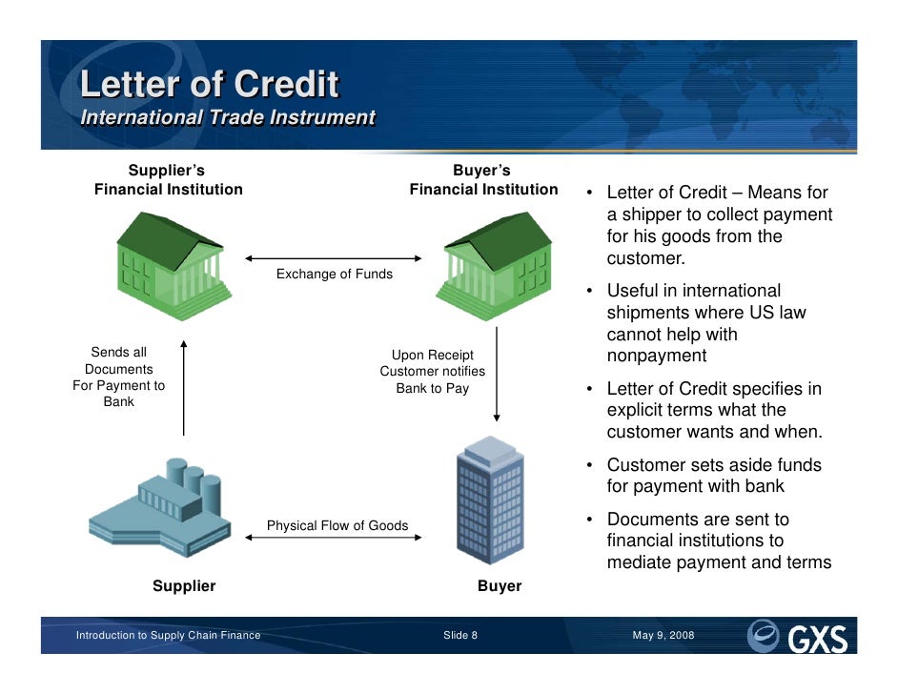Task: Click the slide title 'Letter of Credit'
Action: (209, 85)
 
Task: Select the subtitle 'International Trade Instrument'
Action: (228, 118)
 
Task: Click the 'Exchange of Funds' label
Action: (334, 275)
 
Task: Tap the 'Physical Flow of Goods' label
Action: (337, 525)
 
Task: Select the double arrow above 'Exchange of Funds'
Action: (334, 258)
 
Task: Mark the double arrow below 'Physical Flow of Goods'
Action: (334, 539)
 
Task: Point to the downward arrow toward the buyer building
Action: (496, 377)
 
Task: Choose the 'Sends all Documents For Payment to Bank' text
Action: (119, 378)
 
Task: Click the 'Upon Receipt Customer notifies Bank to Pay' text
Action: (433, 372)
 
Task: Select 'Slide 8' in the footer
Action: (460, 636)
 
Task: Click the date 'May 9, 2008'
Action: (663, 636)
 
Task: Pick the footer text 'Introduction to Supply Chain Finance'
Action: (168, 636)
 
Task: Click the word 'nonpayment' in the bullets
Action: (657, 357)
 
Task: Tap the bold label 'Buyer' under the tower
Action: (500, 586)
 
